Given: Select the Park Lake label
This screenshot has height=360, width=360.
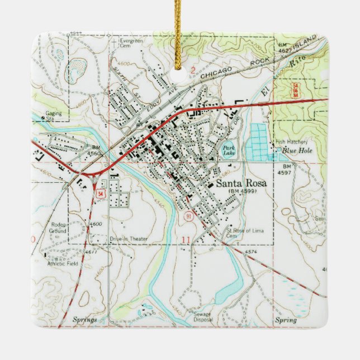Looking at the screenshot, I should click(229, 149).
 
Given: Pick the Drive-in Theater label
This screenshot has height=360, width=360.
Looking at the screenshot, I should click(129, 239).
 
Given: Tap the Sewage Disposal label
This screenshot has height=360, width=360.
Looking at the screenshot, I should click(202, 317).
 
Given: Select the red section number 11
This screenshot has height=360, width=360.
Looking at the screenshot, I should click(185, 240).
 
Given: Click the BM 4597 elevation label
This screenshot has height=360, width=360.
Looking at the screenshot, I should click(287, 170).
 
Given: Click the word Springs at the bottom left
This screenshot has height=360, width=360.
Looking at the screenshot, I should click(85, 320).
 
